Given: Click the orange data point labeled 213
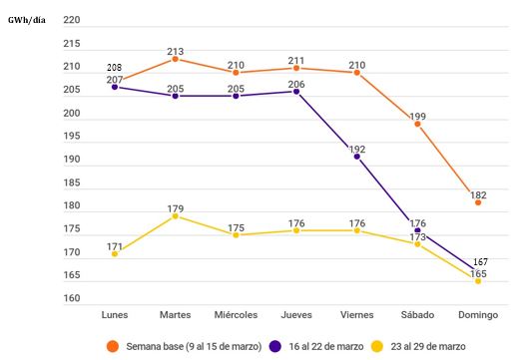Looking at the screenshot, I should tap(176, 59).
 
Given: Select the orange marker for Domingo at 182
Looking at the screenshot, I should tap(478, 202).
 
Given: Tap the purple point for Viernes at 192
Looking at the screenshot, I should tap(357, 157).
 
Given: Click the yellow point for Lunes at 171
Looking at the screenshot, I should tap(115, 253).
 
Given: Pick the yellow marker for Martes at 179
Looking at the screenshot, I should tap(176, 215).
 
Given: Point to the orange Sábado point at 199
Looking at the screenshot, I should tap(417, 124).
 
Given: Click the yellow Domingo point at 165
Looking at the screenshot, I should tap(478, 281).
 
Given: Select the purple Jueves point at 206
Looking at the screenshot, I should tap(296, 91).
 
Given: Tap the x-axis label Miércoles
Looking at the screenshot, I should tap(236, 314).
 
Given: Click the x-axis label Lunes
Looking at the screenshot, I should tap(115, 314).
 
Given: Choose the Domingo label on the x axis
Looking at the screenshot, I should tap(478, 314).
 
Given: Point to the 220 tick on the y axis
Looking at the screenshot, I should tap(71, 20).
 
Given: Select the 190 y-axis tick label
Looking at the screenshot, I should tap(71, 160).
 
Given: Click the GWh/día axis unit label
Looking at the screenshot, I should tap(26, 19).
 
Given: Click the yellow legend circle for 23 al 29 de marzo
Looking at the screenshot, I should tap(377, 345).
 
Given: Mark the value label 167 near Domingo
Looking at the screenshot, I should tap(481, 261).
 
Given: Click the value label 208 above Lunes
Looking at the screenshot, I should tap(115, 67).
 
